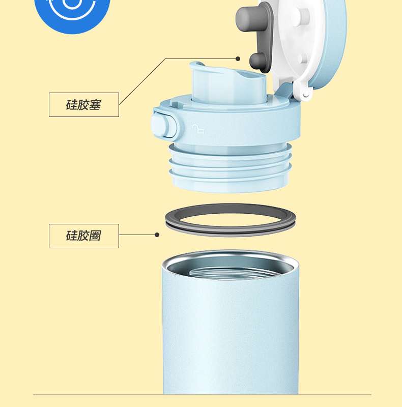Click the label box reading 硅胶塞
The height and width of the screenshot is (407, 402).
(x=84, y=105)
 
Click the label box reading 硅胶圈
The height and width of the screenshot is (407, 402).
(x=84, y=236)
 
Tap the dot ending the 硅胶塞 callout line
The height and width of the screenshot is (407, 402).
(x=238, y=59)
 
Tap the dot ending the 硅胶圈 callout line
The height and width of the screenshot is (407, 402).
(x=157, y=235)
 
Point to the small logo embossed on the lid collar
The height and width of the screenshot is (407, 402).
(x=198, y=129)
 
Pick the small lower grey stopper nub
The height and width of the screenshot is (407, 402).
(x=257, y=61)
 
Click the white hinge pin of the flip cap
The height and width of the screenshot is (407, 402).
(x=306, y=95)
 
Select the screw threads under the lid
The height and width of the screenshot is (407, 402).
(x=230, y=166)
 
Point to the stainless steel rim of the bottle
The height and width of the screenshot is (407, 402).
(x=231, y=257)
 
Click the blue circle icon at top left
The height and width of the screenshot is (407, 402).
(x=72, y=13)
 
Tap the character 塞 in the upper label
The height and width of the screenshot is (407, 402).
(x=95, y=105)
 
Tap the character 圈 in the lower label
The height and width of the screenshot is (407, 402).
(x=95, y=236)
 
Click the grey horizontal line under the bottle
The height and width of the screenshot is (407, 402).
(x=202, y=395)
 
